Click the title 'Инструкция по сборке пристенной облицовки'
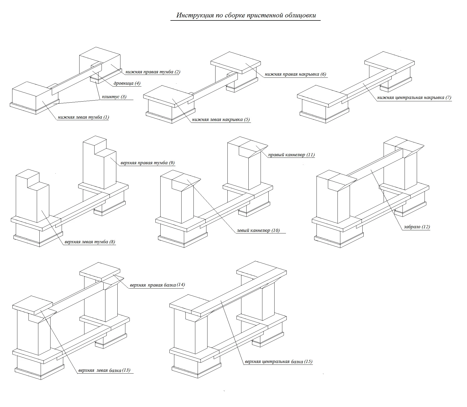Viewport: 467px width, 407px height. click(x=246, y=15)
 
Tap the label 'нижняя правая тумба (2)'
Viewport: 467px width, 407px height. click(x=153, y=72)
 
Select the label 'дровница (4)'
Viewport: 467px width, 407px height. click(x=127, y=83)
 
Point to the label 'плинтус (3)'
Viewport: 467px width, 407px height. click(x=114, y=97)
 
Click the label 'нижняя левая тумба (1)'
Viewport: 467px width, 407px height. click(x=83, y=117)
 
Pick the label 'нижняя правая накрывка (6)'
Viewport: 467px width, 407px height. click(x=295, y=74)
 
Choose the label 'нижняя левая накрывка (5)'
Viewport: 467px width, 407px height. click(x=221, y=119)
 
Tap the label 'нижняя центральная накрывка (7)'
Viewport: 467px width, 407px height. click(x=414, y=98)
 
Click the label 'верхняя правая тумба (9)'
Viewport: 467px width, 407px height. click(x=148, y=163)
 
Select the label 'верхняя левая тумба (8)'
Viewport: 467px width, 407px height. click(x=90, y=242)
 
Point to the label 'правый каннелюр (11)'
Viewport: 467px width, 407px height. click(x=291, y=155)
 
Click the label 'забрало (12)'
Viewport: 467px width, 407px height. click(x=417, y=227)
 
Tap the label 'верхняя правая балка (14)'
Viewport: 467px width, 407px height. click(x=157, y=285)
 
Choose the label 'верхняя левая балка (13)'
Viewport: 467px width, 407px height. click(x=104, y=370)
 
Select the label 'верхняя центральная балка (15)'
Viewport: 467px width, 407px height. click(x=278, y=361)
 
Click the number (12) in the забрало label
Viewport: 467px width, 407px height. click(x=426, y=227)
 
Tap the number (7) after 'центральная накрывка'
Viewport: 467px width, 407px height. click(x=448, y=98)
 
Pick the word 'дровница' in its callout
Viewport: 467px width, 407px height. click(x=124, y=83)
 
